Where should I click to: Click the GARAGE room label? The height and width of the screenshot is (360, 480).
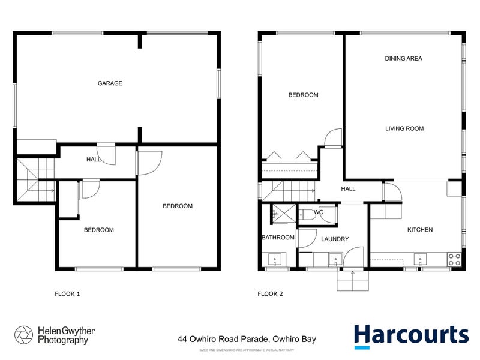tap(110, 83)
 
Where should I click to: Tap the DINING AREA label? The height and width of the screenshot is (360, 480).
tap(403, 59)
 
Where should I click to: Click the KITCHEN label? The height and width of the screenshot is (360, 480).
tap(420, 230)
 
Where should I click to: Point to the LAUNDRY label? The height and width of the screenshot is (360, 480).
tap(335, 239)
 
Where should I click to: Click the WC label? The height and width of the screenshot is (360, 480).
tap(319, 212)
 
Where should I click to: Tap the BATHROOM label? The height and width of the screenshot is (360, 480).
tap(278, 238)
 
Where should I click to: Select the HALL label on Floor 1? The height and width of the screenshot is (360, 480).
tap(94, 160)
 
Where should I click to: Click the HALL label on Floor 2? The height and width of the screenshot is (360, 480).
tap(348, 189)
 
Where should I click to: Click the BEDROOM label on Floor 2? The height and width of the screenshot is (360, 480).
tap(303, 95)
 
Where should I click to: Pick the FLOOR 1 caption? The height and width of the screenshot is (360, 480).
tap(67, 294)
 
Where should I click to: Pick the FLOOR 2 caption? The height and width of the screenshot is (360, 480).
tap(270, 294)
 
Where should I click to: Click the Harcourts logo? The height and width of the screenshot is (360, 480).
tap(410, 336)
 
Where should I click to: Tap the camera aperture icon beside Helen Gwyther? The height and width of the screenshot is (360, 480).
tap(24, 335)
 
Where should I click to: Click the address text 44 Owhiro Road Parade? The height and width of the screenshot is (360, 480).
tap(247, 339)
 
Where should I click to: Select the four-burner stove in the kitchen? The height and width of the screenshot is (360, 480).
tap(454, 259)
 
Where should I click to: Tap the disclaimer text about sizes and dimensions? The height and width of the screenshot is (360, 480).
tap(246, 349)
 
